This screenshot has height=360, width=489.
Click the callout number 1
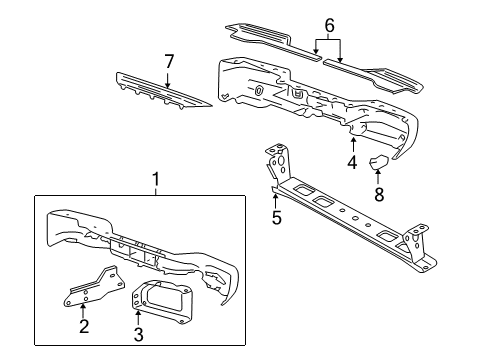click(x=155, y=179)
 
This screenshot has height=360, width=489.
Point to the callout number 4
click(x=352, y=161)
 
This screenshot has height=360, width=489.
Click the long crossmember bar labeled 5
click(x=350, y=215)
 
